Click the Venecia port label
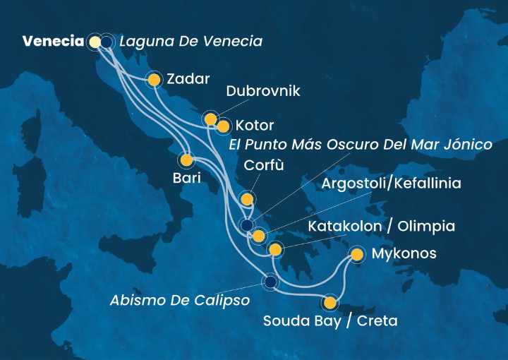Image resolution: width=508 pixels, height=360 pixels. coord(53,42)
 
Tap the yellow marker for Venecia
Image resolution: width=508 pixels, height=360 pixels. coord(95,42)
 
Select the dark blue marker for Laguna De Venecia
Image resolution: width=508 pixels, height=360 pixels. coord(107,42)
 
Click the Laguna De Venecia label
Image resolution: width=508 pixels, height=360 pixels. coord(190,42)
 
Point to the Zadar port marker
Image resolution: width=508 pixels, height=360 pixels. coord(154,80)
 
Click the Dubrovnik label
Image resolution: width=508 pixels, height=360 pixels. coord(263,92)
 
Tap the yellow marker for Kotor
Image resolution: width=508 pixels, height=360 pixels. coord(223,127)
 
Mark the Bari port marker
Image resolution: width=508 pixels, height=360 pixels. coord(187,160)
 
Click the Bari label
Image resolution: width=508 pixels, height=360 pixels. coord(186,179)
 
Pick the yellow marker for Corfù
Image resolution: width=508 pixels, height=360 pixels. coord(246,198)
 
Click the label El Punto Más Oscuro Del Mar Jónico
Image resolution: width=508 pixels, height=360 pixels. coord(360,145)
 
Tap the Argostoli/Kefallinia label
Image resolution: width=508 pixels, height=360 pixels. coord(391,184)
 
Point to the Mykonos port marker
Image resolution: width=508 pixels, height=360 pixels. coord(357,254)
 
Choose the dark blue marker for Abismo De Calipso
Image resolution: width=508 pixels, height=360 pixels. coord(270,282)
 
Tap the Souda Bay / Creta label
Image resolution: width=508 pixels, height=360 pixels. coord(330,321)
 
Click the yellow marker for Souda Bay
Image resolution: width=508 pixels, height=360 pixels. coord(329,304)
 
